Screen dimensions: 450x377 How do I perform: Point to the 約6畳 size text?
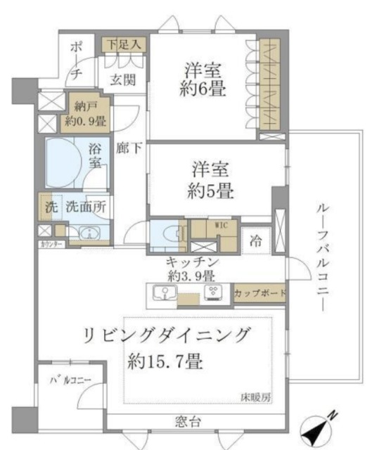(204, 91)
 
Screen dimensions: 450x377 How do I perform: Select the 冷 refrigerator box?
(257, 239)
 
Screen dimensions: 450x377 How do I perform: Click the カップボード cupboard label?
(260, 292)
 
